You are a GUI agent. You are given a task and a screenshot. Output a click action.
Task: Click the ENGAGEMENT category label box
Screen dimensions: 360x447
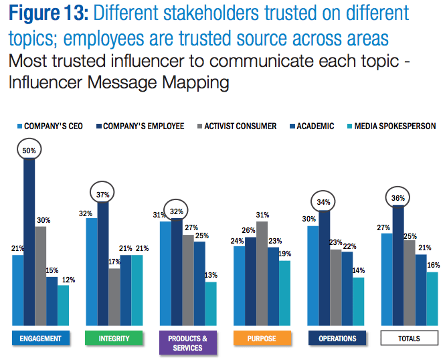pyautogui.click(x=41, y=338)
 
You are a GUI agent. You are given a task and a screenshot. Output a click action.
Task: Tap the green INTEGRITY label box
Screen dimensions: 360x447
pyautogui.click(x=114, y=338)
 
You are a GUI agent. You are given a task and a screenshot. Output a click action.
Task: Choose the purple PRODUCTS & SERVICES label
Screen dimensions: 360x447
pyautogui.click(x=187, y=343)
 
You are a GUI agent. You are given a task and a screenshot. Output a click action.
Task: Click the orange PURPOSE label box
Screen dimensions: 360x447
pyautogui.click(x=262, y=338)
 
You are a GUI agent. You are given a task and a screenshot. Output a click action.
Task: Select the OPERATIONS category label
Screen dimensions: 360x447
pyautogui.click(x=337, y=338)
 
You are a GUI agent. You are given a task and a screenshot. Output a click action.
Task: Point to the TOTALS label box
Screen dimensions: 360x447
pyautogui.click(x=409, y=338)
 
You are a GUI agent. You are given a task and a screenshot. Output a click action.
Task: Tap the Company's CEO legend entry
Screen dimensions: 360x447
pyautogui.click(x=51, y=126)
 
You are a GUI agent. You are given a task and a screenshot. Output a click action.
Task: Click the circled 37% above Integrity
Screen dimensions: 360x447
pyautogui.click(x=102, y=194)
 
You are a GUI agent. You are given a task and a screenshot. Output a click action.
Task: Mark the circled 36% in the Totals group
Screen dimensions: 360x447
pyautogui.click(x=399, y=198)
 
